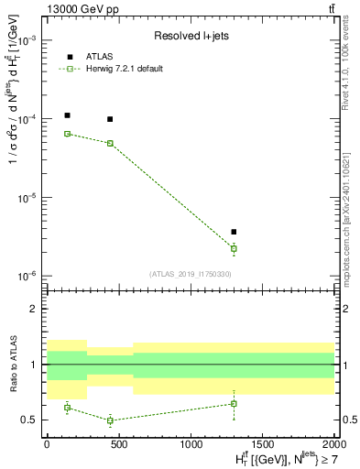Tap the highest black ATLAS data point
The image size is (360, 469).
(67, 115)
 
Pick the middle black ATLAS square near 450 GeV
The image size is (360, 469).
(110, 119)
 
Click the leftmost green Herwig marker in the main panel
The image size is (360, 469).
(67, 134)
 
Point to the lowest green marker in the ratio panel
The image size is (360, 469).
(110, 420)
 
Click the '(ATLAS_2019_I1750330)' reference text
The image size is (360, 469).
(189, 273)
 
